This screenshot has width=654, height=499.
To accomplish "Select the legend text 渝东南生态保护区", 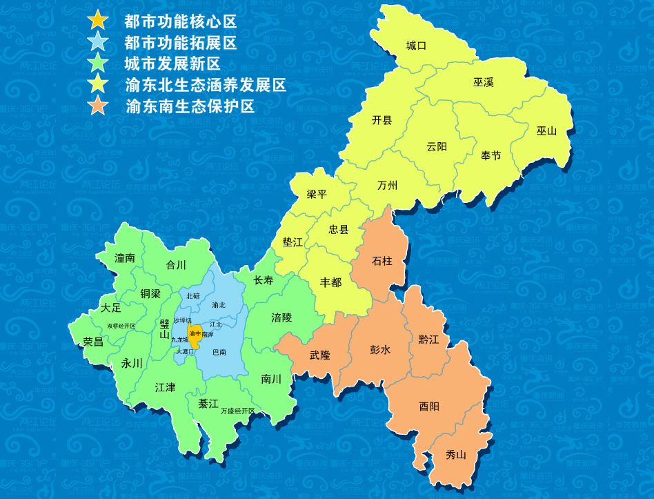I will click(191, 108).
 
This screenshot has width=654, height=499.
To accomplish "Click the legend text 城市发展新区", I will click(172, 65).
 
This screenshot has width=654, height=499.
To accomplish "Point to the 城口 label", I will click(417, 46).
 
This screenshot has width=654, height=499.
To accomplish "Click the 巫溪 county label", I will click(484, 83).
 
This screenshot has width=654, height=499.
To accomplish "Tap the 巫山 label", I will click(546, 130).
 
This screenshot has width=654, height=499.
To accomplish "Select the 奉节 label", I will click(491, 156).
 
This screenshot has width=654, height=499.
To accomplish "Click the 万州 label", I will click(388, 186).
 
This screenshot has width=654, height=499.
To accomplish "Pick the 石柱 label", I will click(382, 261).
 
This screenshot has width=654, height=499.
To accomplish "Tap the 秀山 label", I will click(456, 455).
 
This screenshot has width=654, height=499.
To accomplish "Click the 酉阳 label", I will click(429, 407).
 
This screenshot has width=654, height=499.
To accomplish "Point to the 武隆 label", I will click(320, 355).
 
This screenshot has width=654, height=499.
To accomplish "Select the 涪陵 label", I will click(281, 317).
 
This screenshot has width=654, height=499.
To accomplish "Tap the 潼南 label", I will click(125, 258).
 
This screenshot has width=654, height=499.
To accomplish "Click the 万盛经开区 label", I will click(238, 411).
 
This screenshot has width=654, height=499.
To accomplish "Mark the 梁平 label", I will click(317, 195).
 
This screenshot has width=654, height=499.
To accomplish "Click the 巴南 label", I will click(219, 352).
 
